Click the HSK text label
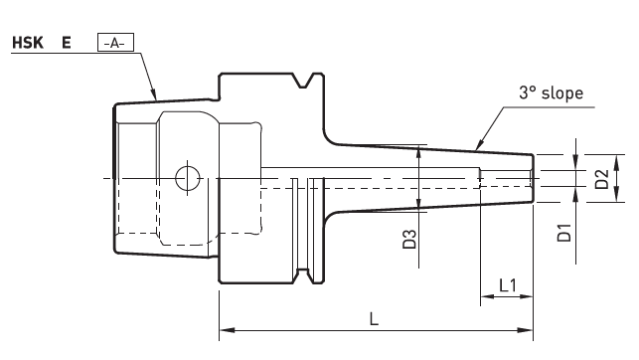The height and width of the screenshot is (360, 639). pyautogui.click(x=28, y=43)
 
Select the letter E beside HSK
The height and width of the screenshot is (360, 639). pyautogui.click(x=67, y=43)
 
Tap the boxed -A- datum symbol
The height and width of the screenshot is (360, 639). pyautogui.click(x=115, y=43)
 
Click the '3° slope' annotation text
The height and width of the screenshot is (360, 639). pyautogui.click(x=551, y=92)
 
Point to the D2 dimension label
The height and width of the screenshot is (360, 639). pyautogui.click(x=601, y=179)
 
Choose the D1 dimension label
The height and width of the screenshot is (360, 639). pyautogui.click(x=564, y=233)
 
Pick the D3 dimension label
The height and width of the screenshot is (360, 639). pyautogui.click(x=409, y=240)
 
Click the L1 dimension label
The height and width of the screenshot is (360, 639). pyautogui.click(x=508, y=285)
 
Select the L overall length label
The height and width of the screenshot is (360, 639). pyautogui.click(x=374, y=319)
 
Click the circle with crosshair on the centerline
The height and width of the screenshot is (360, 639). pyautogui.click(x=188, y=178)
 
